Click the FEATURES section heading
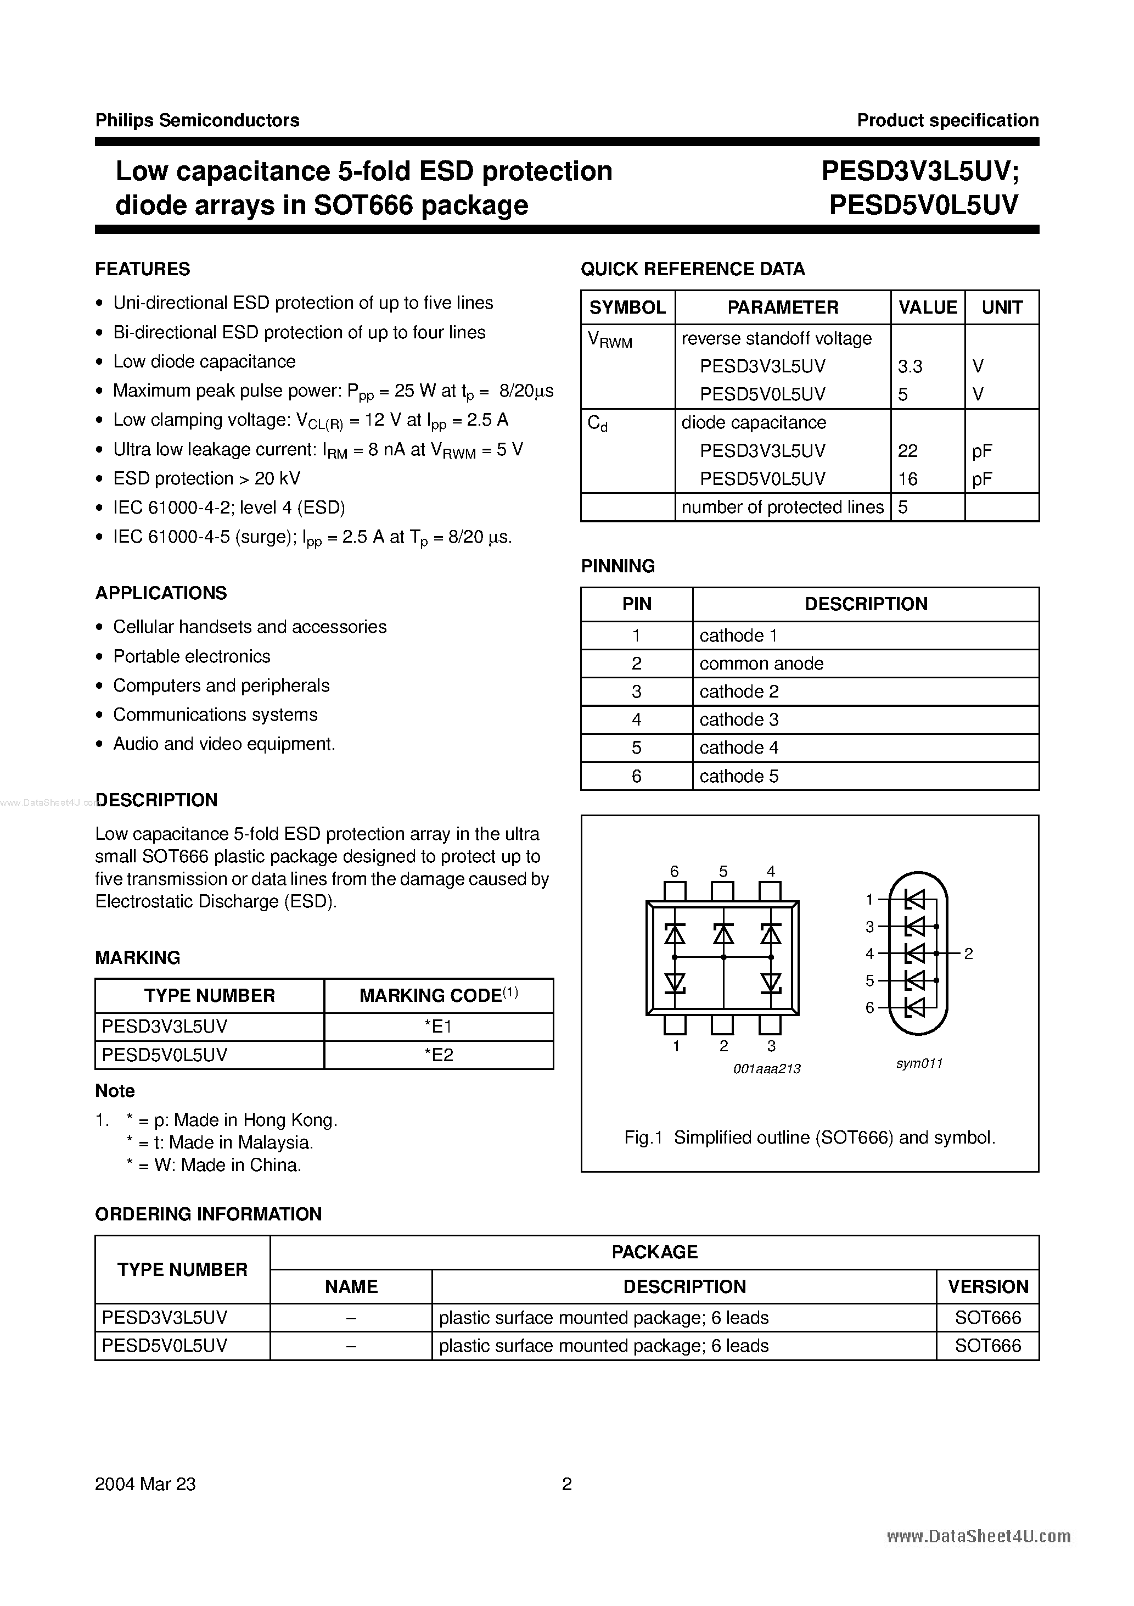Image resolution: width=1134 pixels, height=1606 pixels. coord(142,269)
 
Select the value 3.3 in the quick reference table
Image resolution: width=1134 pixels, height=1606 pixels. coord(910,366)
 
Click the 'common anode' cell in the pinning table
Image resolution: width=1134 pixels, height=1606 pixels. coord(761,664)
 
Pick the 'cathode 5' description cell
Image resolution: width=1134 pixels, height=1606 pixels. coord(738,777)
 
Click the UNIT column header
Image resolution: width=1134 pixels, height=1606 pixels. coord(1001,308)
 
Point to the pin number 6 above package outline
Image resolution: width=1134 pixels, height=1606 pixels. coord(674,872)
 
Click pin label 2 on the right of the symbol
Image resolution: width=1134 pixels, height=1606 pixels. coord(968,954)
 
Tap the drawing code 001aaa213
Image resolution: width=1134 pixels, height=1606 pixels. coord(767,1069)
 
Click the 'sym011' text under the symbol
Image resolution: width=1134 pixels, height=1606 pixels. coord(919,1064)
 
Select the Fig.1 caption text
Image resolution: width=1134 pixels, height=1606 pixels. coord(810,1138)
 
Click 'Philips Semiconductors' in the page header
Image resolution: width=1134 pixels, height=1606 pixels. coord(197,120)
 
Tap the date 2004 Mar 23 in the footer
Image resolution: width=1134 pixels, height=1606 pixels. coord(145,1484)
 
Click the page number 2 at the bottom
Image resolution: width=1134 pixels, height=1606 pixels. coord(567,1484)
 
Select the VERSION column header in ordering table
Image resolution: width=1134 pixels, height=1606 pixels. coord(987,1287)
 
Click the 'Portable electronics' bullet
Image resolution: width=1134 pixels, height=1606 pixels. coord(192,657)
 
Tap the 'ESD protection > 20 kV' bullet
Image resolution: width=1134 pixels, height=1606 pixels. coord(206,478)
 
